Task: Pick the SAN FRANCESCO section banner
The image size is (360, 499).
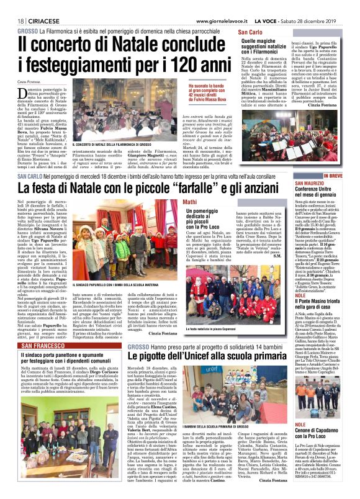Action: point(45,346)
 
